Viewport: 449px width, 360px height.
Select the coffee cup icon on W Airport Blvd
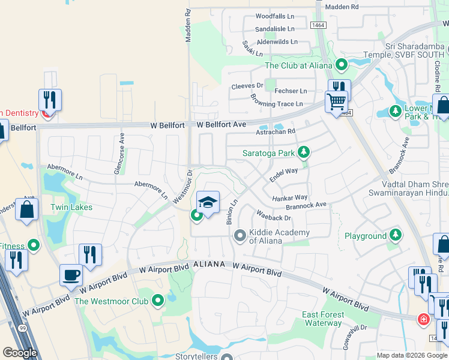(x=71, y=275)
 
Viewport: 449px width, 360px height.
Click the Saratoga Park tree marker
(x=304, y=152)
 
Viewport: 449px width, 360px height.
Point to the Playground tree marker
(x=395, y=235)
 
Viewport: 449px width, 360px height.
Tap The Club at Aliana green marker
(x=342, y=64)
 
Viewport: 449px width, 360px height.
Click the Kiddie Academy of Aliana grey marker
(x=240, y=235)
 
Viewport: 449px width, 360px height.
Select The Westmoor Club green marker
(x=158, y=299)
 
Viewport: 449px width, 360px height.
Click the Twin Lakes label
(x=71, y=207)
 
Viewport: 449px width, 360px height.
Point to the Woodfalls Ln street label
(x=275, y=16)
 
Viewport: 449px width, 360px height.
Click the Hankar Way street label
(x=290, y=197)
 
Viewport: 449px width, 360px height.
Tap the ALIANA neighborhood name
(x=209, y=265)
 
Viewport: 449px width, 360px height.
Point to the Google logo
(x=20, y=352)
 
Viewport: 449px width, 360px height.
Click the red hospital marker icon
(x=424, y=318)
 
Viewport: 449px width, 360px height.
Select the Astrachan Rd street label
(x=276, y=131)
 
